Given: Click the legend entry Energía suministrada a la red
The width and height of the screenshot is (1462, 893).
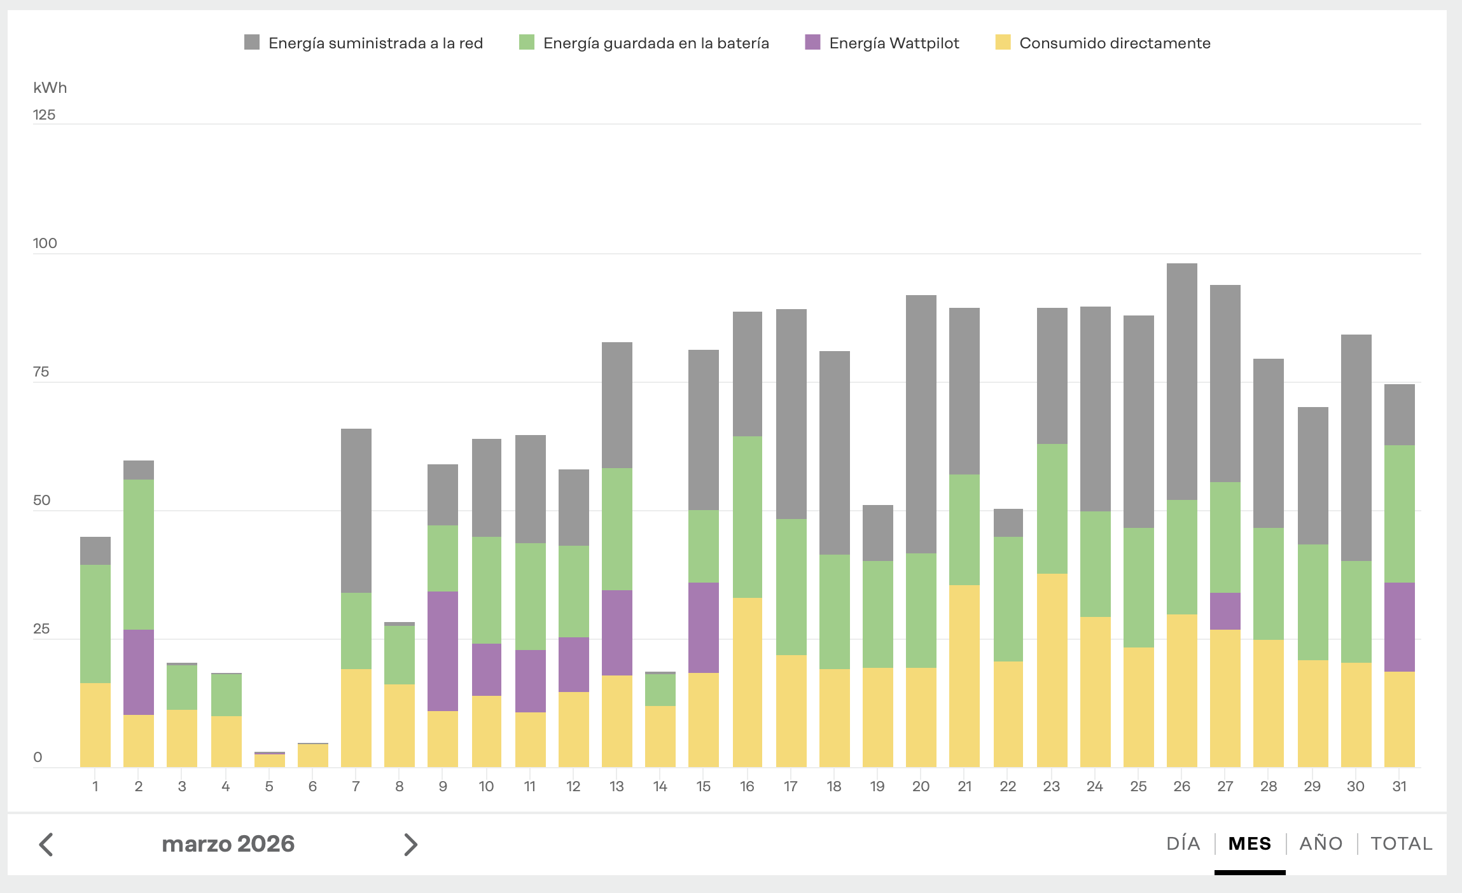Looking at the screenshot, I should point(375,43).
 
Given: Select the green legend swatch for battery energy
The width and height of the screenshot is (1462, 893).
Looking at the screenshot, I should point(527,43).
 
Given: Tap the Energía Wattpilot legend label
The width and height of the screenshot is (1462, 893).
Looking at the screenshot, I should point(894,43).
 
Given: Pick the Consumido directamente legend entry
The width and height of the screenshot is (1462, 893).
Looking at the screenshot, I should point(1115,43).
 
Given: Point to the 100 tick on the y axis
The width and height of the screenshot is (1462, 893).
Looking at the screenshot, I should point(45,243).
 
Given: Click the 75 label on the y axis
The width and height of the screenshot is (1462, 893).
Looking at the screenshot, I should point(41,371).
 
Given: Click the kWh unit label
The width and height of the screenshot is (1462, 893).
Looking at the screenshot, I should point(50,88).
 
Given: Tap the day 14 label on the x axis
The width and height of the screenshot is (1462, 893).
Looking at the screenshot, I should point(660,787).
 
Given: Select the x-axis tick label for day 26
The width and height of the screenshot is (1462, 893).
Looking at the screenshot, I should point(1181,787).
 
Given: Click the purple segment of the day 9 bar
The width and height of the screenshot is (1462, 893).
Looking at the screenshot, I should point(443,651).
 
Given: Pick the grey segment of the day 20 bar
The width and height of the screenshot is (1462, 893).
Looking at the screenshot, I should point(921,424).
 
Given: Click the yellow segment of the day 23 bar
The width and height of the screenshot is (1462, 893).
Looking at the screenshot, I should point(1052,670).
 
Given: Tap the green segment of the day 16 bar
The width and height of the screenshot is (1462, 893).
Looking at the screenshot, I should point(748,516).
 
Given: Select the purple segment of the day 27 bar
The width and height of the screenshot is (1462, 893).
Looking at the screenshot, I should point(1225,611).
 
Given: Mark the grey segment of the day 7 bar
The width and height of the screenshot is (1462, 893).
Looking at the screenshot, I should point(356,511).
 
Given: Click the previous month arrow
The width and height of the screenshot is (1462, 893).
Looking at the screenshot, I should point(46,845).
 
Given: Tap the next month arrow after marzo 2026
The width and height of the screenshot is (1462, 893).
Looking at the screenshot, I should point(411,845).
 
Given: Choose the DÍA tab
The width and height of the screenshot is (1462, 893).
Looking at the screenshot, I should point(1183,844).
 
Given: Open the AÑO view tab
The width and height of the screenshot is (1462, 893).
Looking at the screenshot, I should point(1321,844).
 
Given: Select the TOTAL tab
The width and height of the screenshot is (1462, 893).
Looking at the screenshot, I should point(1401,844).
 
